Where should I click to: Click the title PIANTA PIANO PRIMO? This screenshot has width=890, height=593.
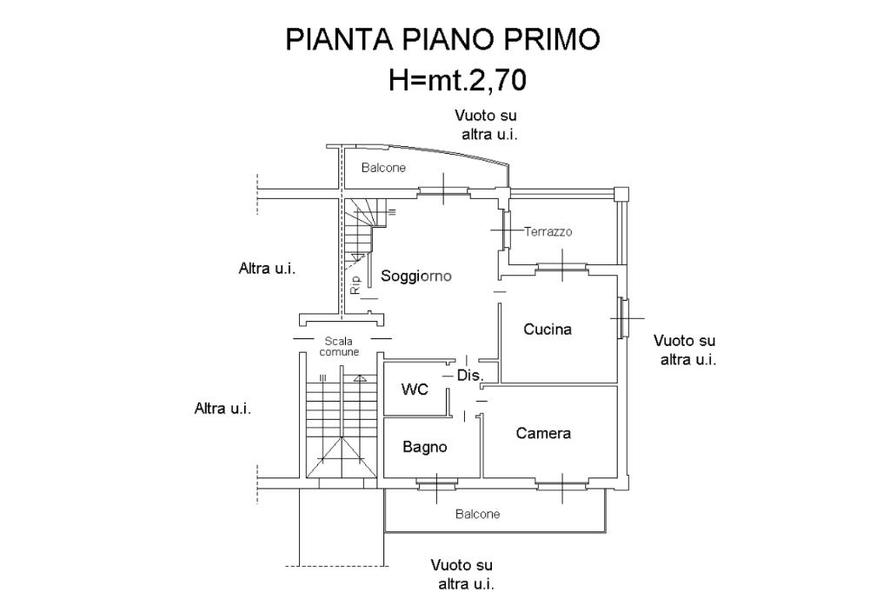442,39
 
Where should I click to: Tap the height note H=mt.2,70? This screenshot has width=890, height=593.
457,80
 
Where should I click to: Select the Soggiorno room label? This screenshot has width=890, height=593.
416,276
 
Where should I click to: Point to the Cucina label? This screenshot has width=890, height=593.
548,330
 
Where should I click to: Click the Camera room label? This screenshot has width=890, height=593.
543,433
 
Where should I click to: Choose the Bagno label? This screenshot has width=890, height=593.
424,447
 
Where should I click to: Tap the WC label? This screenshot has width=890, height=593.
415,390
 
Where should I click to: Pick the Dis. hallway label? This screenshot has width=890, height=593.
470,376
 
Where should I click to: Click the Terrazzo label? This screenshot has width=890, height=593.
548,232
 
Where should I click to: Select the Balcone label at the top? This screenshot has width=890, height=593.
383,168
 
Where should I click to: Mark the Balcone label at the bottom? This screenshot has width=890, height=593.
478,514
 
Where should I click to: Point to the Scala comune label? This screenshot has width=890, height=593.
339,346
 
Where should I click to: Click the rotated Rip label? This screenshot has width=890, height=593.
355,284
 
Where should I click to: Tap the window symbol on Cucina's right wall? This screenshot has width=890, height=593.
624,318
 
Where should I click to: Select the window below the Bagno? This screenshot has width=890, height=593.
436,484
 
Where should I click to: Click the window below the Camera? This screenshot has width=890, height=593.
562,485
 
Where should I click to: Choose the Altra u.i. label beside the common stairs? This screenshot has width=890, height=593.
222,409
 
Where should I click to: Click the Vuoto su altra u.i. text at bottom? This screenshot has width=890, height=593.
462,575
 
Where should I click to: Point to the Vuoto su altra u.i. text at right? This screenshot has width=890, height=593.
685,350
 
